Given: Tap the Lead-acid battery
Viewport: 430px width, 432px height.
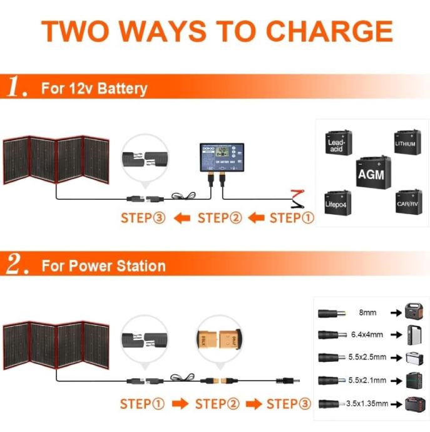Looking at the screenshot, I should tap(337, 144).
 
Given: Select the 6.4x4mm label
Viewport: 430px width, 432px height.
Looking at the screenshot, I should tap(369, 334).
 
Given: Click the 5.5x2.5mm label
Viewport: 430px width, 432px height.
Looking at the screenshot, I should tap(370, 357).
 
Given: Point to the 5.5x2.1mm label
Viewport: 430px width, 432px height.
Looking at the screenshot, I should tap(370, 380).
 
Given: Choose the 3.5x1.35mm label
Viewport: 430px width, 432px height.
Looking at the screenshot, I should tap(368, 404).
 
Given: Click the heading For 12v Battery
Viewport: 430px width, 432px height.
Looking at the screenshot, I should tap(95, 88).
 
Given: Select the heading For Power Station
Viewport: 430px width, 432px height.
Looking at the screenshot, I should tap(104, 265).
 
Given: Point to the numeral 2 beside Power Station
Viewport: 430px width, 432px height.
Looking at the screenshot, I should tap(15, 265).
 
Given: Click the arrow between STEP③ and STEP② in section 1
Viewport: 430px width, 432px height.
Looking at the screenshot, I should tap(182, 219).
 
